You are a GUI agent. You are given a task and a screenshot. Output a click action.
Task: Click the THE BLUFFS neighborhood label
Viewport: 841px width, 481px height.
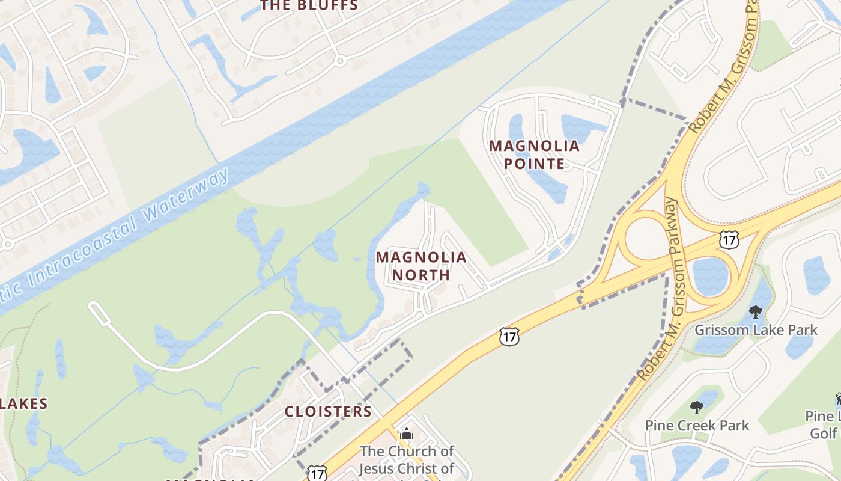(309, 6)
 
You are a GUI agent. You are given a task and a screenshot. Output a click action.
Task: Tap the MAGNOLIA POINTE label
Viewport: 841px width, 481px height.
(534, 155)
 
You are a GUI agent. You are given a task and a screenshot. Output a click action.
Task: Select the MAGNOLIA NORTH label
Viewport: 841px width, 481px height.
(421, 266)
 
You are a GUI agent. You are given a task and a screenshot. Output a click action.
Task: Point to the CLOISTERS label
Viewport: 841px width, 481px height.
(328, 412)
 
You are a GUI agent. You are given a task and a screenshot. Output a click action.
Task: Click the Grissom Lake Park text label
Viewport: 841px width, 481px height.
(756, 330)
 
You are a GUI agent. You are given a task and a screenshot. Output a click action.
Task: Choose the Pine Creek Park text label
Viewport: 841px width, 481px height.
(697, 426)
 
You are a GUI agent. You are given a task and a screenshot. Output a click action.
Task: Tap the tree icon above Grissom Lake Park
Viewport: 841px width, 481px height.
(756, 312)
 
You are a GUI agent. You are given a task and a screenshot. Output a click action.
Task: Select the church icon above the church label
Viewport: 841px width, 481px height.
(407, 433)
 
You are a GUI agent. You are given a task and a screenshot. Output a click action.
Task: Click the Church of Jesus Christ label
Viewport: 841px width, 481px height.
(407, 459)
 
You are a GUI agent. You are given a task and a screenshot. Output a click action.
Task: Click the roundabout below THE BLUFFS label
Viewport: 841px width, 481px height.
(340, 61)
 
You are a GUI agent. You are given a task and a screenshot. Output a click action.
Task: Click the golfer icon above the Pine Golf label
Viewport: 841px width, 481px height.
(838, 399)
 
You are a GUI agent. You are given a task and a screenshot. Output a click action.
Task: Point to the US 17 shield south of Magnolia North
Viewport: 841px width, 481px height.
(509, 337)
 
